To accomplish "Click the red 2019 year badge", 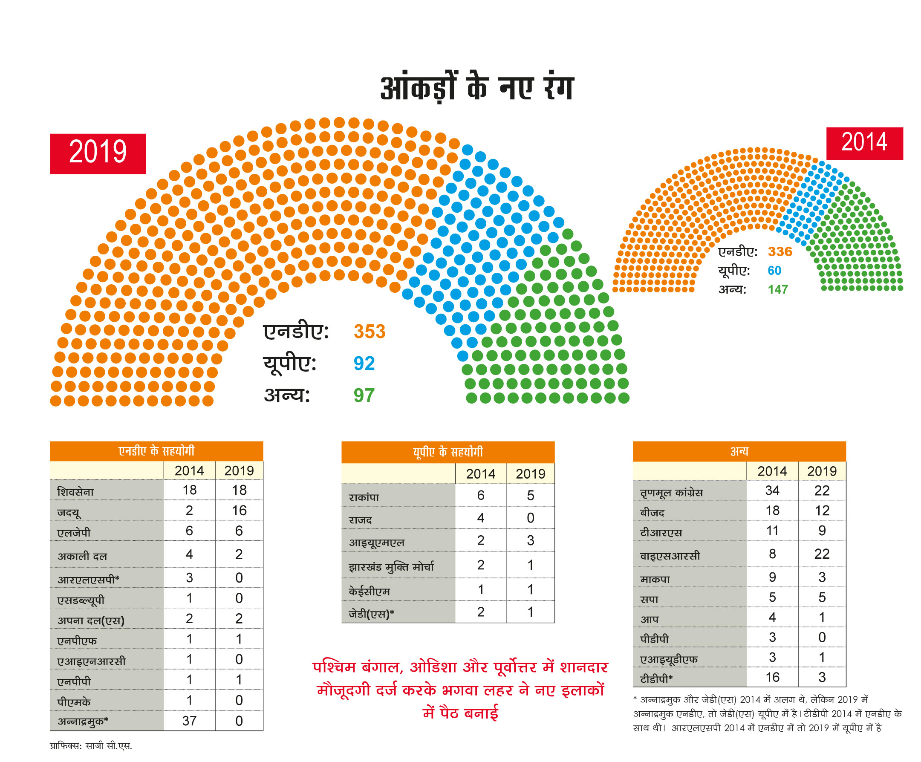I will pos(98,153).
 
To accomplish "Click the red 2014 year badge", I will pos(864,143).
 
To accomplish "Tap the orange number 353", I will pos(369,332).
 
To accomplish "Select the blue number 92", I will pos(364,364).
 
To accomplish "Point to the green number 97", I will pos(364,395).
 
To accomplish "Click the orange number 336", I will pos(780,252).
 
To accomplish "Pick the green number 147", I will pos(778,289).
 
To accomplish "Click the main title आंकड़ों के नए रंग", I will pos(477,88).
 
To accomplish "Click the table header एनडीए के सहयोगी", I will pos(156,451).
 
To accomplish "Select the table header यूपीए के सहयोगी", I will pos(448,452).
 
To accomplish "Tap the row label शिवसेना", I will pos(75,492).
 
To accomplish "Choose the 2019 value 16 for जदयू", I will pos(239,510).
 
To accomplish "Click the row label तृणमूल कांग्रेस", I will pos(671,493).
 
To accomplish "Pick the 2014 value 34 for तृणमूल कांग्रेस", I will pos(772,491).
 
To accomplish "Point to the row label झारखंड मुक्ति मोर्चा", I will pos(391,567).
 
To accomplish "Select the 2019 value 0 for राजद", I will pos(530,518).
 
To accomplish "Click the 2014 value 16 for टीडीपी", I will pos(772,677).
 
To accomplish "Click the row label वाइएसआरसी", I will pos(670,556).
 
